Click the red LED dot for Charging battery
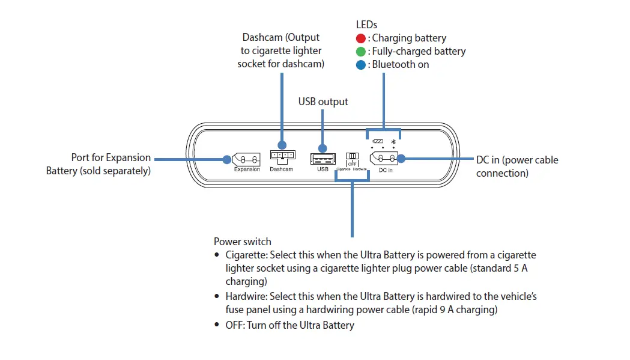[361, 38]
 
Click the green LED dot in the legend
[361, 51]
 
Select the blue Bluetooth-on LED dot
[361, 64]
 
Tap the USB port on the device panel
[323, 159]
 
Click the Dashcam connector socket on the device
[282, 156]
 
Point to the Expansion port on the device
[246, 159]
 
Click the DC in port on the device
[384, 158]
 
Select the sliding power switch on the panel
[352, 156]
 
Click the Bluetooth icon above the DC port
[393, 141]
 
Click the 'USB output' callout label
[323, 102]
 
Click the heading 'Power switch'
[242, 242]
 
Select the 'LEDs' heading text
[366, 25]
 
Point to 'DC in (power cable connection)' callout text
[516, 166]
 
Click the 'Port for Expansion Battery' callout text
[98, 164]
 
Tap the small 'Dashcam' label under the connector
[281, 169]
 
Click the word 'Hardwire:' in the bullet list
[246, 296]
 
